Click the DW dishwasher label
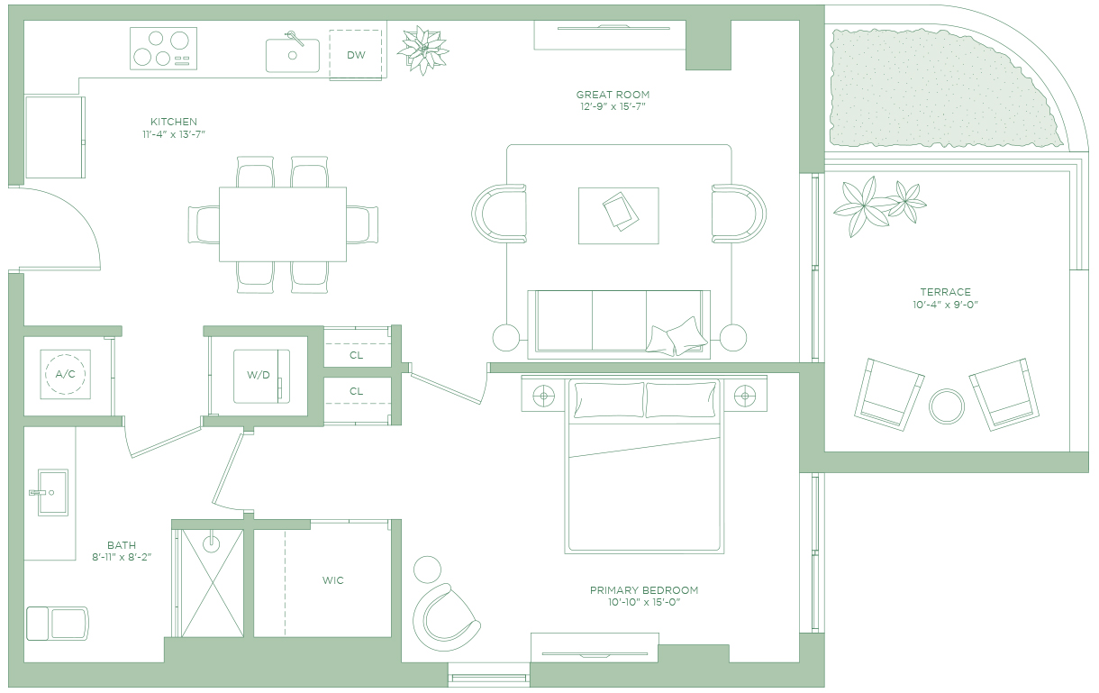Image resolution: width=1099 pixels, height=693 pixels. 356,55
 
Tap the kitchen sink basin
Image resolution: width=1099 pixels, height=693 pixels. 293,56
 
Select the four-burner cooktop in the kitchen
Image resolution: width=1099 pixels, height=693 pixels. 163,48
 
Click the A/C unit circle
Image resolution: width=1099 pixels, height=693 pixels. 65,374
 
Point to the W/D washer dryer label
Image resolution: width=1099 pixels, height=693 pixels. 258,375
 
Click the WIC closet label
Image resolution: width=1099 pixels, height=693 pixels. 332,580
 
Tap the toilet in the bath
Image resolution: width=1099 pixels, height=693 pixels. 58,624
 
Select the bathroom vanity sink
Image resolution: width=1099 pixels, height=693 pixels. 52,492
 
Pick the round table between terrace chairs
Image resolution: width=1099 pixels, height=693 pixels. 947,406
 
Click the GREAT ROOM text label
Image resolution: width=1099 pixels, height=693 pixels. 613,95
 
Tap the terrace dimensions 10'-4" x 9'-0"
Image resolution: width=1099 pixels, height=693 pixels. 946,305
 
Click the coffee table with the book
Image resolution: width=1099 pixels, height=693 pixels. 619,215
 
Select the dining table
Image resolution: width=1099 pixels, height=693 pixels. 283,224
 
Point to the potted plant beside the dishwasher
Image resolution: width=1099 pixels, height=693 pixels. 422,50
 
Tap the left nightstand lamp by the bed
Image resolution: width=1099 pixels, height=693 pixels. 543,395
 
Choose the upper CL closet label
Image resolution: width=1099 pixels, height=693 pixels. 356,355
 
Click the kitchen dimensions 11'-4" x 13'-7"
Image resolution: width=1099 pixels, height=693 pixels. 174,134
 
